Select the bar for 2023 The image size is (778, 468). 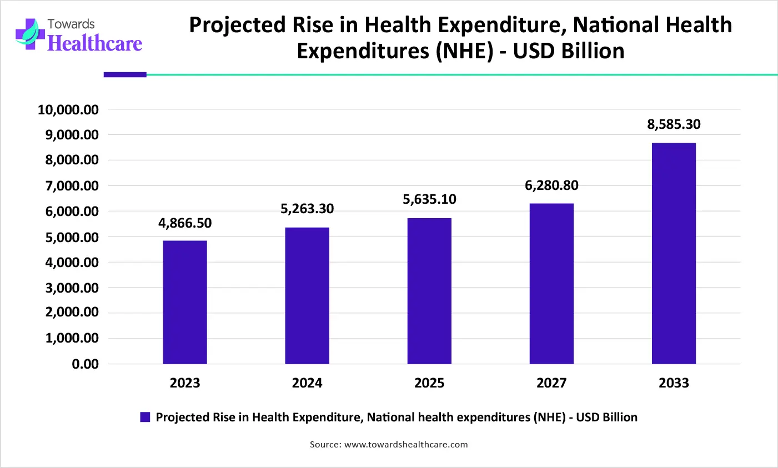pyautogui.click(x=185, y=302)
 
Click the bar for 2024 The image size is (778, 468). pyautogui.click(x=307, y=295)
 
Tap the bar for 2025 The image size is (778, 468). pyautogui.click(x=429, y=291)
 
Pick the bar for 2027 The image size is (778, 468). pyautogui.click(x=551, y=284)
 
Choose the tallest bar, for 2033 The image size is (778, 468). pyautogui.click(x=674, y=253)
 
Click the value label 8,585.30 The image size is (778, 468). pyautogui.click(x=674, y=124)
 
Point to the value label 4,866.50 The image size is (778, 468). pyautogui.click(x=185, y=223)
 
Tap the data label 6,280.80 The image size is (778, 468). pyautogui.click(x=551, y=185)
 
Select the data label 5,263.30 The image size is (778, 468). pyautogui.click(x=307, y=209)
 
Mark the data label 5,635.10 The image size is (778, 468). pyautogui.click(x=429, y=199)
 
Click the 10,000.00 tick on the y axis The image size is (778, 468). pyautogui.click(x=68, y=110)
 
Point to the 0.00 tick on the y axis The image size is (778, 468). pyautogui.click(x=85, y=364)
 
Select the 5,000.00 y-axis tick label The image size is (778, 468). pyautogui.click(x=72, y=237)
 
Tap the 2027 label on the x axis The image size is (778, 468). pyautogui.click(x=551, y=383)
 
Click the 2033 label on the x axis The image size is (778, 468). pyautogui.click(x=674, y=383)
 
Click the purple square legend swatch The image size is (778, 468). pyautogui.click(x=145, y=417)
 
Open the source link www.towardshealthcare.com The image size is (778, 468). pyautogui.click(x=406, y=445)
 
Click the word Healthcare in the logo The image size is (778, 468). pyautogui.click(x=95, y=43)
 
